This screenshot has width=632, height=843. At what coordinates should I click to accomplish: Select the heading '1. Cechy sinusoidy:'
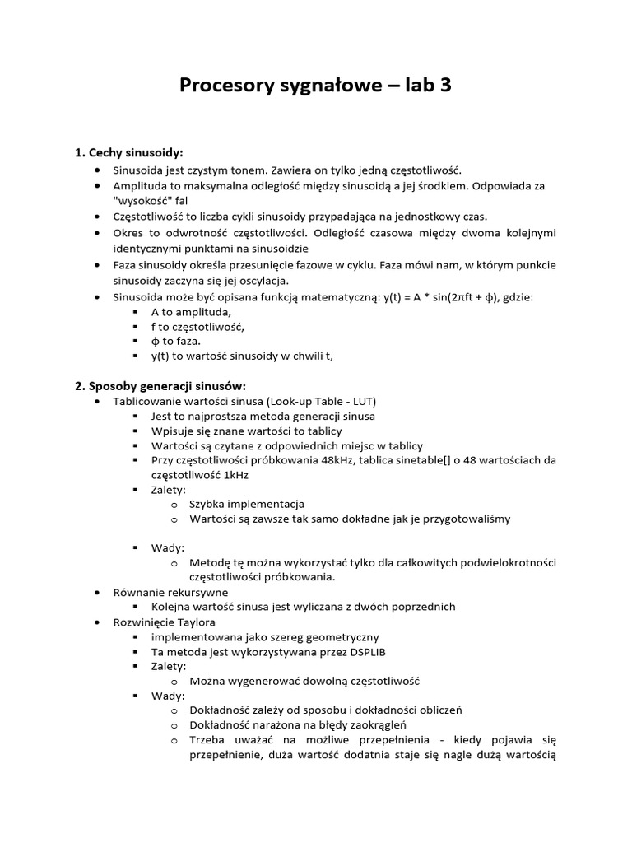tap(129, 153)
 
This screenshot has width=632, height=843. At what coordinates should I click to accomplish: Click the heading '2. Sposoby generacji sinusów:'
tap(160, 386)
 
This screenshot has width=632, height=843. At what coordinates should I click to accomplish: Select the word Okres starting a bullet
tap(128, 233)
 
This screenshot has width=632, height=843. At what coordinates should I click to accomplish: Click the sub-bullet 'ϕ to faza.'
tap(175, 340)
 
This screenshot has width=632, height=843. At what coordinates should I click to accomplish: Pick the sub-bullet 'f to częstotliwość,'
tap(198, 326)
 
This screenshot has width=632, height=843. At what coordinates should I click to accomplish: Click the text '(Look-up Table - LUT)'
tap(316, 401)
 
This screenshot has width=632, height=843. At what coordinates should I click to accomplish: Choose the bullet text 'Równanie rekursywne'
tap(170, 592)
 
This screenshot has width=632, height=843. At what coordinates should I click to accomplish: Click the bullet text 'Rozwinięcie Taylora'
tap(165, 622)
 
